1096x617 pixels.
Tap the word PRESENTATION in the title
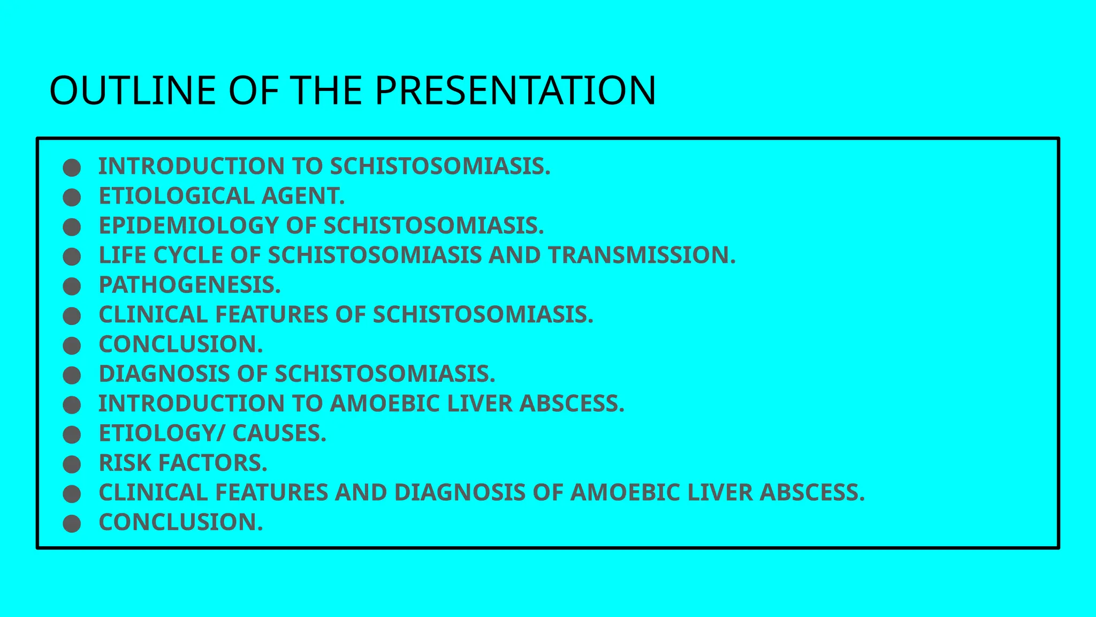(x=515, y=90)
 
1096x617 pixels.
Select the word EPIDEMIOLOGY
(x=189, y=225)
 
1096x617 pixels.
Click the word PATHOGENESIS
(x=189, y=285)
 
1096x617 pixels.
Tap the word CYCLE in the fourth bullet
(x=188, y=255)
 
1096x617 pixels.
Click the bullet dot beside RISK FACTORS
(x=72, y=464)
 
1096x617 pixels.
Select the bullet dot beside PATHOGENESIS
(x=72, y=286)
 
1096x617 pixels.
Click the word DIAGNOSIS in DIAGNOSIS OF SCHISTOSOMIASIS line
(x=164, y=374)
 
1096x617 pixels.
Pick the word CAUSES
(x=279, y=433)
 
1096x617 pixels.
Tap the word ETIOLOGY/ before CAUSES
(x=162, y=433)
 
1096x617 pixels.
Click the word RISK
(x=125, y=463)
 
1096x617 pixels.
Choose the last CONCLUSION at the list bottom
(x=181, y=522)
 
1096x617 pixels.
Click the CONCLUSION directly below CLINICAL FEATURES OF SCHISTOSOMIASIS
(x=181, y=344)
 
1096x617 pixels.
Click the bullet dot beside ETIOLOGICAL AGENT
(x=72, y=197)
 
